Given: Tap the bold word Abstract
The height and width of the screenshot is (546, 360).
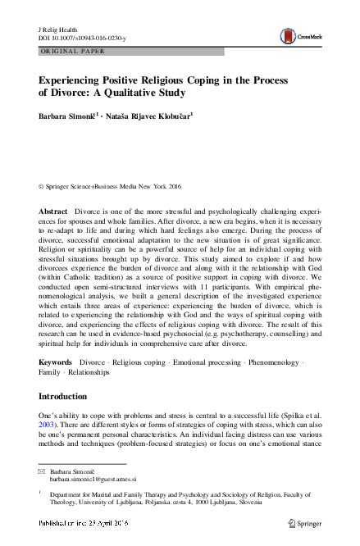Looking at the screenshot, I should (x=54, y=212).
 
